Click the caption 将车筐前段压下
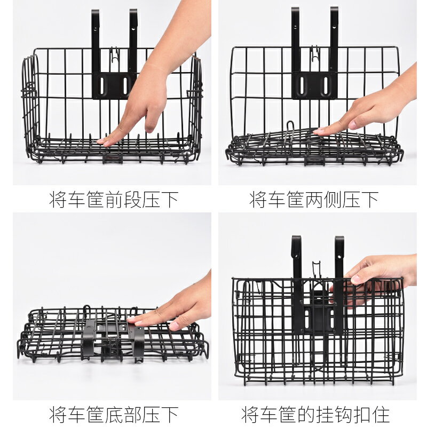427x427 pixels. coord(114,199)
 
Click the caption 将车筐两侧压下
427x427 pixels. coord(314,199)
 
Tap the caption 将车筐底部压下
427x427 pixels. coord(114,415)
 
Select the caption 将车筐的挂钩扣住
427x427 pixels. coord(315,415)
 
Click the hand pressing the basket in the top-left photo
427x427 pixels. coord(153,82)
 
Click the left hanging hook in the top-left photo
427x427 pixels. coord(96,41)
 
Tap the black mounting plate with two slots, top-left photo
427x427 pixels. coord(114,85)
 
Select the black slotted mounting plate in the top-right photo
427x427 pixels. coord(314,85)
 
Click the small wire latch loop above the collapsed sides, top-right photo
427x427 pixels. coord(290,128)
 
